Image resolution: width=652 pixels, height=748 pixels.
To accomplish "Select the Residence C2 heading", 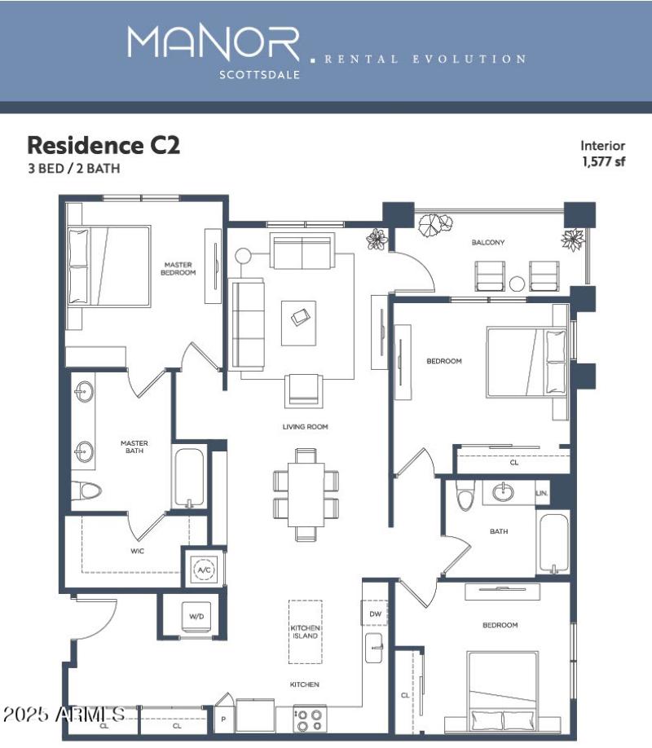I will pos(104,145).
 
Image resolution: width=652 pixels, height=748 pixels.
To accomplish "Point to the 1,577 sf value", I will pos(603,161).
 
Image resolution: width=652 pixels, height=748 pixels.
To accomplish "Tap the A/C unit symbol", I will pos(202,570).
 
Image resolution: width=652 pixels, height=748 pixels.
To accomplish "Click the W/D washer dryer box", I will pos(196,617).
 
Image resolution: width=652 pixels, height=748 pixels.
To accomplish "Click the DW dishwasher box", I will pos(375,614).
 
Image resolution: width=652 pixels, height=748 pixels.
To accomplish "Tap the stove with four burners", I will pos(310,720).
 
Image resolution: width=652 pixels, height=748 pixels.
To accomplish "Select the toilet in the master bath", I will pos(86,490).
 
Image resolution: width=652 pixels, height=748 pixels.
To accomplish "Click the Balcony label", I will pos(488,242).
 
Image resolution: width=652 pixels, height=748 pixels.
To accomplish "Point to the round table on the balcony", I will pos(517,284).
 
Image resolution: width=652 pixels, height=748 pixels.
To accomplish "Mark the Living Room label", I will pos(306,426).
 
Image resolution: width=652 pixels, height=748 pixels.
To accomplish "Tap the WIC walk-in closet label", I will pos(137,551).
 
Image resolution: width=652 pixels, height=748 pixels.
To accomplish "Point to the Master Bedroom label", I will pos(179,268).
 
